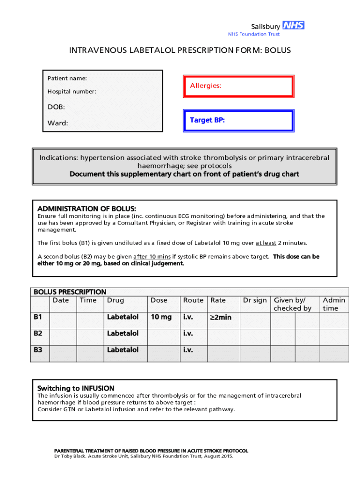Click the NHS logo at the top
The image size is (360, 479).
tap(294, 26)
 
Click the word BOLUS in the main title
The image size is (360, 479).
tap(278, 50)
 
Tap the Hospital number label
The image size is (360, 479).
tap(72, 92)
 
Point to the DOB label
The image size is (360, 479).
tap(56, 107)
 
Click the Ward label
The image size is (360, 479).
tap(58, 123)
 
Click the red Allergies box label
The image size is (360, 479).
tap(206, 86)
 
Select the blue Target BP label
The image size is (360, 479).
tap(207, 120)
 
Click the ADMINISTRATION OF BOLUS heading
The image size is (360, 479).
tap(86, 209)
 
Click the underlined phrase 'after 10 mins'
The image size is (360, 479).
tap(151, 257)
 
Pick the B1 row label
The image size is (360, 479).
tap(38, 317)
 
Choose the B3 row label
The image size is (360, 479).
tap(38, 350)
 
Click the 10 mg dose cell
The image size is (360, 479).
tap(160, 317)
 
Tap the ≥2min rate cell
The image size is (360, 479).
tap(221, 318)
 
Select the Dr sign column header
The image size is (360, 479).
tap(255, 300)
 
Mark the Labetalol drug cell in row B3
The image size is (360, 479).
tap(122, 350)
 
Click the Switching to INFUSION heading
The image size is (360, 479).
tap(76, 388)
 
